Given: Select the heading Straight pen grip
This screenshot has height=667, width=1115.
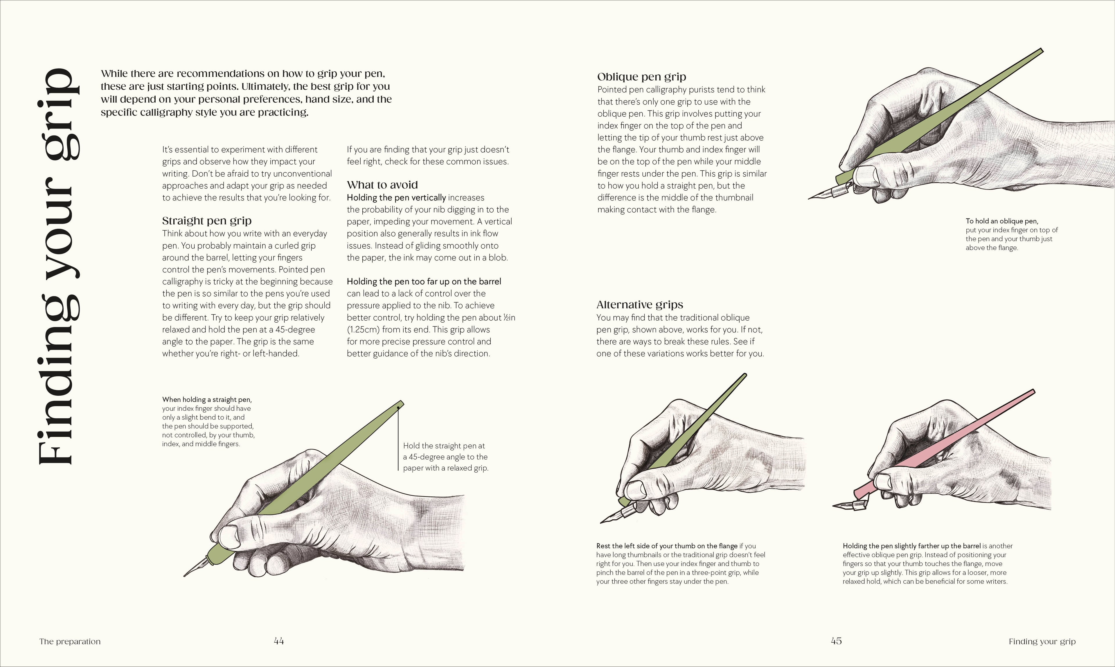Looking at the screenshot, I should tap(206, 221).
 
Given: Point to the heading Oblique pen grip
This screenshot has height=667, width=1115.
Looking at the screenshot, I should tap(641, 77).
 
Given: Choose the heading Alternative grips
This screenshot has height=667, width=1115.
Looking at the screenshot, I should tap(640, 305).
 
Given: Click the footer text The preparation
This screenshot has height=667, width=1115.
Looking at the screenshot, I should tap(70, 641).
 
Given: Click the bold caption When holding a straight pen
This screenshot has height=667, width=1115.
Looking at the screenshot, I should tap(207, 400).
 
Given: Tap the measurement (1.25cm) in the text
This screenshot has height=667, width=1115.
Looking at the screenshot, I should tap(363, 330).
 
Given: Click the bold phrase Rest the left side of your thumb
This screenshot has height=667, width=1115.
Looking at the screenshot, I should tap(667, 546).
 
